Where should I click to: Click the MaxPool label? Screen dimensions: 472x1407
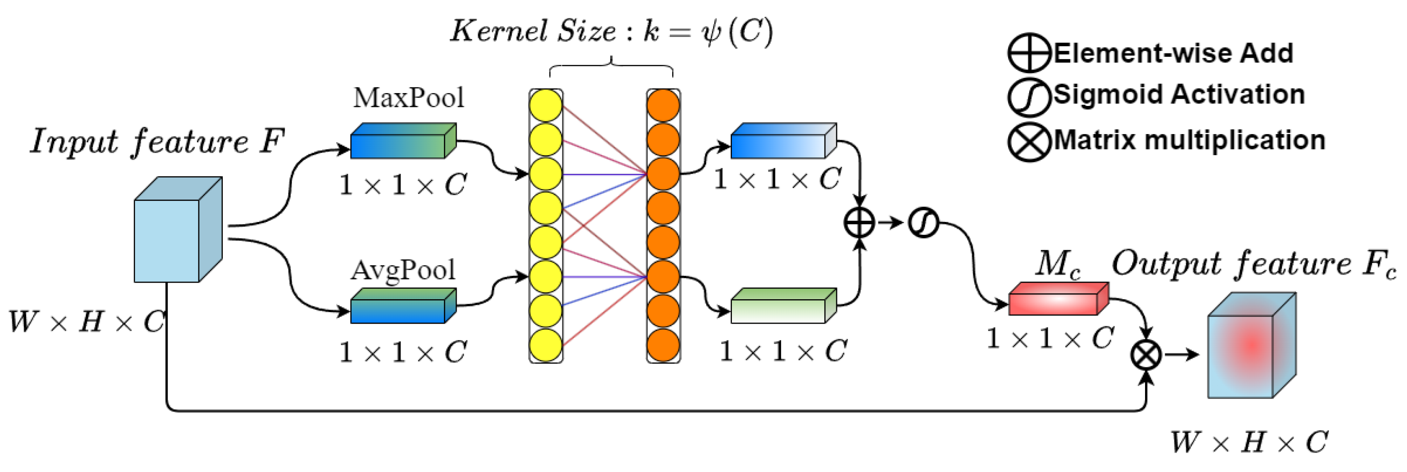[x=408, y=98]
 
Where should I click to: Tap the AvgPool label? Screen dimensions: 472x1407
[x=403, y=270]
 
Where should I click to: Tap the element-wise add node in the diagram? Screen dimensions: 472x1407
[x=860, y=223]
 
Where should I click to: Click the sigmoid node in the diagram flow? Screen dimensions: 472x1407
[x=923, y=223]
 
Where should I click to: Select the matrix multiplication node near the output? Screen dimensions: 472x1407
[x=1146, y=355]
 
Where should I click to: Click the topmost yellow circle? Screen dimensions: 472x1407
[x=546, y=105]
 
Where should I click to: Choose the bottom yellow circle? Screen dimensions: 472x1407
[x=546, y=345]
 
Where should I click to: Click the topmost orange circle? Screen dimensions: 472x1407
[x=663, y=105]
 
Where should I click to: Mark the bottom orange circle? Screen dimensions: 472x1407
[x=663, y=345]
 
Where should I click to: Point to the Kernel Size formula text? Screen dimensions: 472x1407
[x=612, y=31]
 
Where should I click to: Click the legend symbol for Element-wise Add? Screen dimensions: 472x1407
[x=1029, y=53]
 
